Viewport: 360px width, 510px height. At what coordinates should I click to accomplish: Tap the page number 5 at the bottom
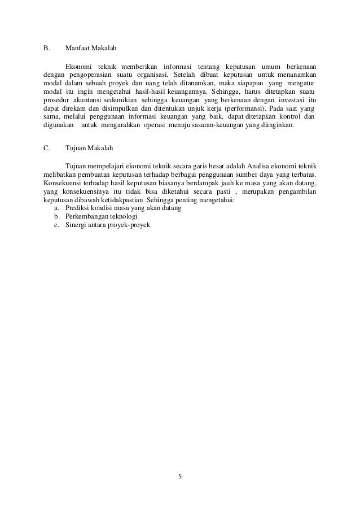pyautogui.click(x=180, y=476)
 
